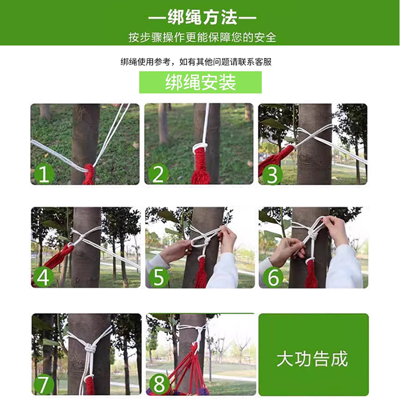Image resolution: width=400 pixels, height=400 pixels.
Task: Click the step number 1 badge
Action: point(44,174)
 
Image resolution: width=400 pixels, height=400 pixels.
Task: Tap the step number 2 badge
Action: point(158,174)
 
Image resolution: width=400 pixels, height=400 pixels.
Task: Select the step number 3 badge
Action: point(272,174)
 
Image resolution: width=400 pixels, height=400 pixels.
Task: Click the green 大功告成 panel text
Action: point(312,359)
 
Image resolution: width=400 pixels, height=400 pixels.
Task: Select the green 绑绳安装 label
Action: point(200,82)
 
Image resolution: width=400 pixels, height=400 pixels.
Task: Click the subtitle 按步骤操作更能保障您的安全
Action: point(202,37)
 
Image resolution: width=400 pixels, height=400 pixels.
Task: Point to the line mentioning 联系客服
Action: point(196,62)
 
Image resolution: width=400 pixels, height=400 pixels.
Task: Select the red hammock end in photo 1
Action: point(89,175)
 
